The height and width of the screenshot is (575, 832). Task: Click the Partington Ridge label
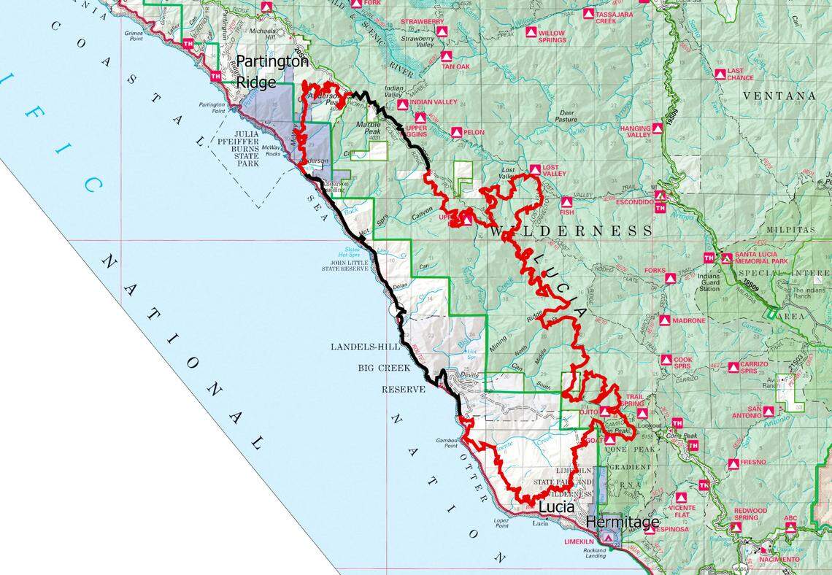coord(272,71)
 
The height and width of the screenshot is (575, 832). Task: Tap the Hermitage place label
coord(623,522)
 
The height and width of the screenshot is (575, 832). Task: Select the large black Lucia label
coord(558,506)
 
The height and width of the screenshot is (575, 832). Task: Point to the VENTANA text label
coord(779,96)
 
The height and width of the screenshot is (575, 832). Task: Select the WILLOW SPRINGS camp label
coord(552,36)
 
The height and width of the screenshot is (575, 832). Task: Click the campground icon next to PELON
coord(456,132)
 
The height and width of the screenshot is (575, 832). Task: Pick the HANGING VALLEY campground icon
coord(657,128)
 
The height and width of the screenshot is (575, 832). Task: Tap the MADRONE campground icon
coord(664,320)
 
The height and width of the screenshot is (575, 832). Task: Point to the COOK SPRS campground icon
coord(666,360)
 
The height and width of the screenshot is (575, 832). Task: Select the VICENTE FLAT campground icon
coord(680,498)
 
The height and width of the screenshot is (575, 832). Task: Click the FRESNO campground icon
coord(733,463)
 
